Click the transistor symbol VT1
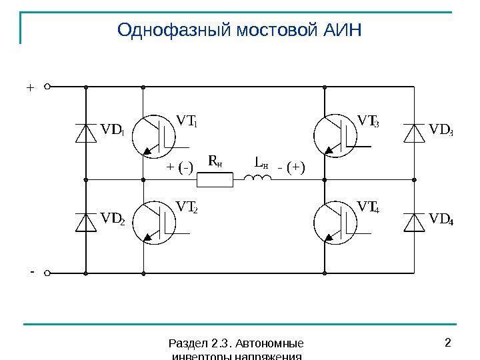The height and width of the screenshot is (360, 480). point(154,135)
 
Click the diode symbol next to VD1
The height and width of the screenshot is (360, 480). point(85,133)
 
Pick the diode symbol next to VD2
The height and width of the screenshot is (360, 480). point(85,222)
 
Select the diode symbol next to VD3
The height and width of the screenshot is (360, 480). point(415,133)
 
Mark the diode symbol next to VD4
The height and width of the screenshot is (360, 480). point(415,222)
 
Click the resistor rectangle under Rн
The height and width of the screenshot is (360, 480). point(215,179)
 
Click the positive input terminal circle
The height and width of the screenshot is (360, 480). point(48,87)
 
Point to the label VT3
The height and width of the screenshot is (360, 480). point(368,121)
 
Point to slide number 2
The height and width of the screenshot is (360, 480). point(447,343)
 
